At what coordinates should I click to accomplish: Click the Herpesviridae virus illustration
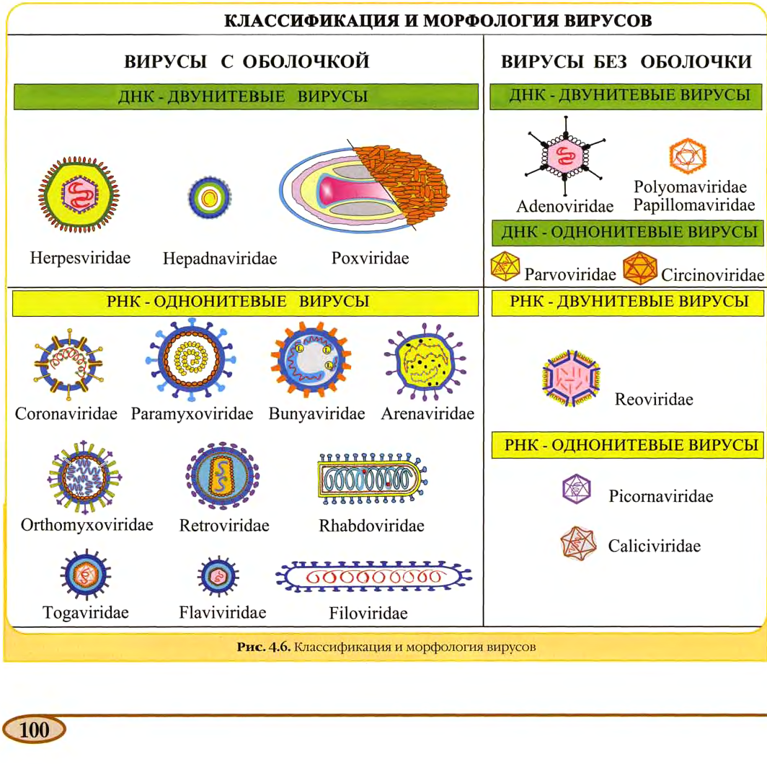[x=79, y=194]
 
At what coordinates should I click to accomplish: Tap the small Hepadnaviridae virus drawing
[x=210, y=198]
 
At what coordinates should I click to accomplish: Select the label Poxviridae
[x=371, y=258]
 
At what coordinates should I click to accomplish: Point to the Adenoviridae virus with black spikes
[x=565, y=156]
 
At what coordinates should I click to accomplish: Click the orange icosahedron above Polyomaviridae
[x=688, y=156]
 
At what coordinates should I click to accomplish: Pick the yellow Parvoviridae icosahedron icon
[x=505, y=266]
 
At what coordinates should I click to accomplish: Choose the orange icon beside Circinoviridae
[x=640, y=268]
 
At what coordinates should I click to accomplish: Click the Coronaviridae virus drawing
[x=68, y=364]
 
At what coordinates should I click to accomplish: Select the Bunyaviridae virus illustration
[x=311, y=359]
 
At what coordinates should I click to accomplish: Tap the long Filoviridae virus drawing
[x=373, y=577]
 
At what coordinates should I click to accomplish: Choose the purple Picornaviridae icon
[x=577, y=488]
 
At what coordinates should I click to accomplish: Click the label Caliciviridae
[x=654, y=546]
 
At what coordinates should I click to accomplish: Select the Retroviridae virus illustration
[x=223, y=476]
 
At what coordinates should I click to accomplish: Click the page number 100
[x=35, y=730]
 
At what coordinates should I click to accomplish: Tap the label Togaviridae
[x=86, y=613]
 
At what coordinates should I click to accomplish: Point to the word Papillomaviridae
[x=694, y=205]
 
